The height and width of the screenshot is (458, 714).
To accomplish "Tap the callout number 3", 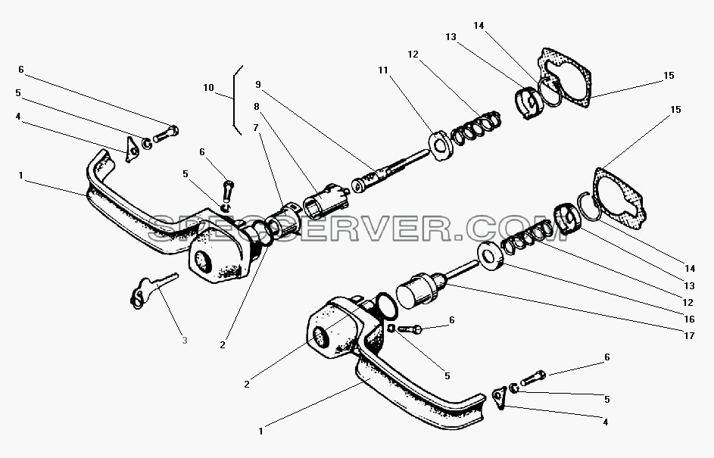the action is pos(185,340).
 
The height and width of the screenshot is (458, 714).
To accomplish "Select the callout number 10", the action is pos(208,87).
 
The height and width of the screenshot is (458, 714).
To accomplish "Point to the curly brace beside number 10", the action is pos(236,100).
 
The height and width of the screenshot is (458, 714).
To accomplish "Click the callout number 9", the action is pos(258,84).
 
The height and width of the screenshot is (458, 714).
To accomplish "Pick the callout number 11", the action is pos(383,70).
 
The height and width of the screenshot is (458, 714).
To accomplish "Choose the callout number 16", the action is pos(690,319).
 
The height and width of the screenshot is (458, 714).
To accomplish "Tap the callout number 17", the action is pos(690,335).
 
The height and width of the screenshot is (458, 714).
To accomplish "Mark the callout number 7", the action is pos(256,127).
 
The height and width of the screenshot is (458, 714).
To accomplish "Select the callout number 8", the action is pos(257,107).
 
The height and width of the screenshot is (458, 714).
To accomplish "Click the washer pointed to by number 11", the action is pos(441,145).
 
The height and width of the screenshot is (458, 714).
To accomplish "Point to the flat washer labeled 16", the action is pos(490,257).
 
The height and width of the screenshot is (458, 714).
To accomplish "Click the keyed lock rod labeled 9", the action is pos(390,171).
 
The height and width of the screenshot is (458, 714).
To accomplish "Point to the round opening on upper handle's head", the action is pos(201,262).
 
